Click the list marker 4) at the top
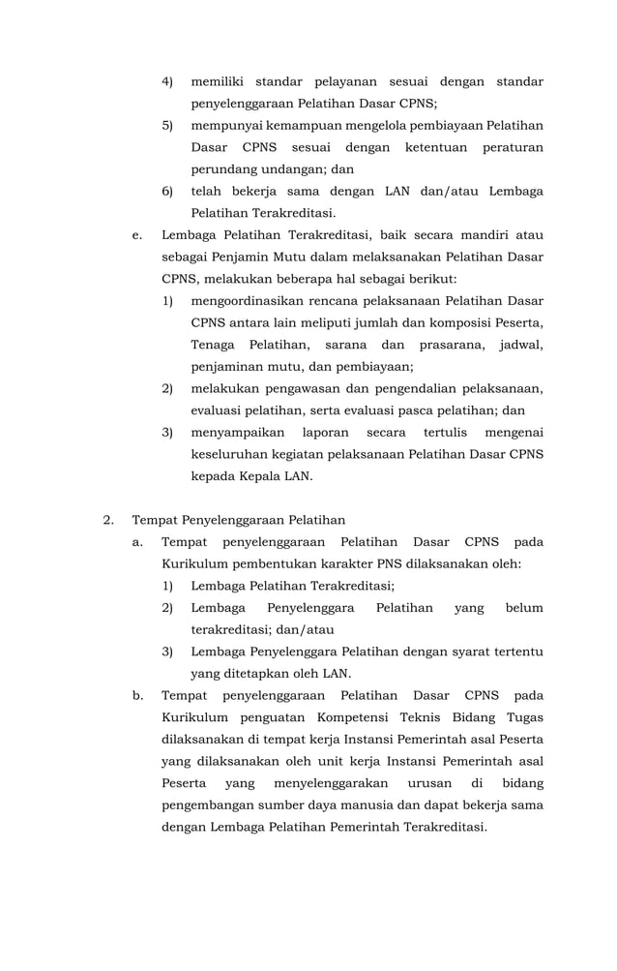pyautogui.click(x=166, y=82)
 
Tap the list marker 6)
pyautogui.click(x=166, y=191)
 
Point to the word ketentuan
pyautogui.click(x=435, y=147)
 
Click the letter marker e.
pyautogui.click(x=136, y=234)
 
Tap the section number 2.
pyautogui.click(x=108, y=520)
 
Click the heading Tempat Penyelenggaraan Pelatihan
pyautogui.click(x=239, y=520)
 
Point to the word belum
pyautogui.click(x=523, y=607)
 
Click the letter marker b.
pyautogui.click(x=137, y=695)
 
